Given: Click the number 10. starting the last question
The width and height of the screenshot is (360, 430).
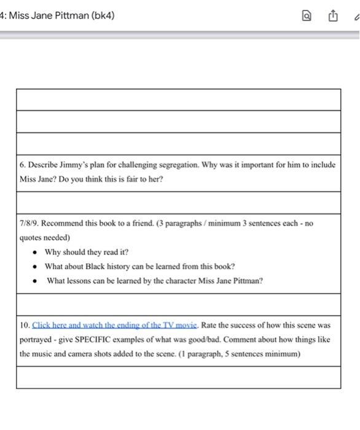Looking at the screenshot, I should click(x=25, y=325).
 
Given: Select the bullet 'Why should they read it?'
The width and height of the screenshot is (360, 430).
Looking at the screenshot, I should click(x=87, y=252).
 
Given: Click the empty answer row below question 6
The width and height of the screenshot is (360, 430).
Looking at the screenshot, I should click(x=178, y=202).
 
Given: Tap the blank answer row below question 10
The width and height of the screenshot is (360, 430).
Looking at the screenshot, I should click(x=178, y=377).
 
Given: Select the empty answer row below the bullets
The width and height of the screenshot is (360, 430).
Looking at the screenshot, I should click(x=178, y=304).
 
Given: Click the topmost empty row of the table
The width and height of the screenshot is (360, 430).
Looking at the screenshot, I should click(x=178, y=100).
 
